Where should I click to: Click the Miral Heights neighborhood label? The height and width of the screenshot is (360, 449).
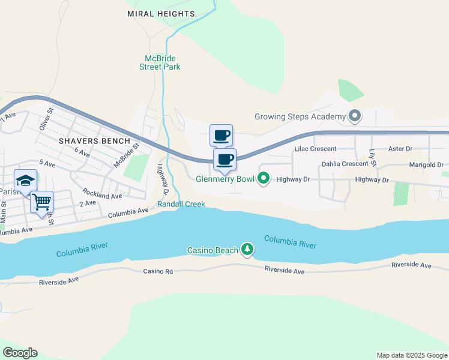161,13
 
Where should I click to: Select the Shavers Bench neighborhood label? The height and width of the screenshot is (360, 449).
94,141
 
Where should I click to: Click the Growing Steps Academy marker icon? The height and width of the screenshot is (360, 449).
354,116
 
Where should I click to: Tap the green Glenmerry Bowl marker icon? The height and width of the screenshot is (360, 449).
263,178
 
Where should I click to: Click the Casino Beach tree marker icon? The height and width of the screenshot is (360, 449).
247,250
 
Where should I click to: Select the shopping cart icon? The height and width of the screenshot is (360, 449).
41,202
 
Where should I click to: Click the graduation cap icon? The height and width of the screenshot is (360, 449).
26,181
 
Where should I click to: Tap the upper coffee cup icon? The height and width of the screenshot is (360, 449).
221,135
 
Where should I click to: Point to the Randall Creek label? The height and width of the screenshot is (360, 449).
181,204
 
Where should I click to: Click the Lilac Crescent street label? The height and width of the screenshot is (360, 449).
315,148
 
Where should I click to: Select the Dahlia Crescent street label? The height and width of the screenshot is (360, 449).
345,163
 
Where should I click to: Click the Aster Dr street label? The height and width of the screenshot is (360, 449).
401,148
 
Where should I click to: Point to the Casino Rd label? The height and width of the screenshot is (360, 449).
158,271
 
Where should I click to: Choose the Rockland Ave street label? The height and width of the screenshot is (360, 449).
102,195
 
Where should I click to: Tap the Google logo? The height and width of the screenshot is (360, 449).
20,353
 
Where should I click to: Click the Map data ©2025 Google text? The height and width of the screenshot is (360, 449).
412,355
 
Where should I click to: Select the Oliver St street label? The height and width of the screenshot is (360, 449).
44,119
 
